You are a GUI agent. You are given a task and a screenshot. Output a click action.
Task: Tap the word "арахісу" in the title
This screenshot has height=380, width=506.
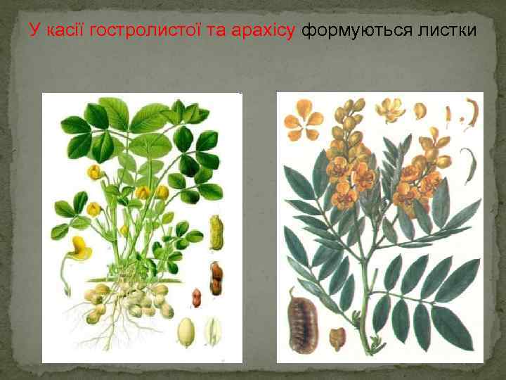click(264, 31)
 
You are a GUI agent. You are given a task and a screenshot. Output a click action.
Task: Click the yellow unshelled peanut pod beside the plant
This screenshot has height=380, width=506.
click(217, 232)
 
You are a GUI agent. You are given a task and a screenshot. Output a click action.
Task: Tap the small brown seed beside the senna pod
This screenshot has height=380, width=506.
click(337, 337)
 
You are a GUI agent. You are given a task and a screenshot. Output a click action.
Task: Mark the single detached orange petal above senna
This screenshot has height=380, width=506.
click(420, 111)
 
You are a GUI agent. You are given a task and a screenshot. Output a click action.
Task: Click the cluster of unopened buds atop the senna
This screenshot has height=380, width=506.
click(349, 120)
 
